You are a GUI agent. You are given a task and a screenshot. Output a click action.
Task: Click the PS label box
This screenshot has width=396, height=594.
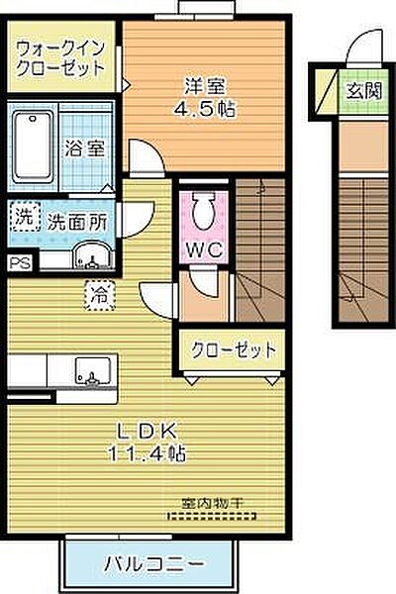[x=18, y=262]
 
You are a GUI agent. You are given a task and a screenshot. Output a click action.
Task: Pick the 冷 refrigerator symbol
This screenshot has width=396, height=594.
[x=100, y=292]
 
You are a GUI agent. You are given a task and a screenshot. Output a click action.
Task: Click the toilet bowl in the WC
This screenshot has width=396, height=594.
[x=205, y=210]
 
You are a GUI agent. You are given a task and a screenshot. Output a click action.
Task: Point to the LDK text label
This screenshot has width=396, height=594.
[x=148, y=431]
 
